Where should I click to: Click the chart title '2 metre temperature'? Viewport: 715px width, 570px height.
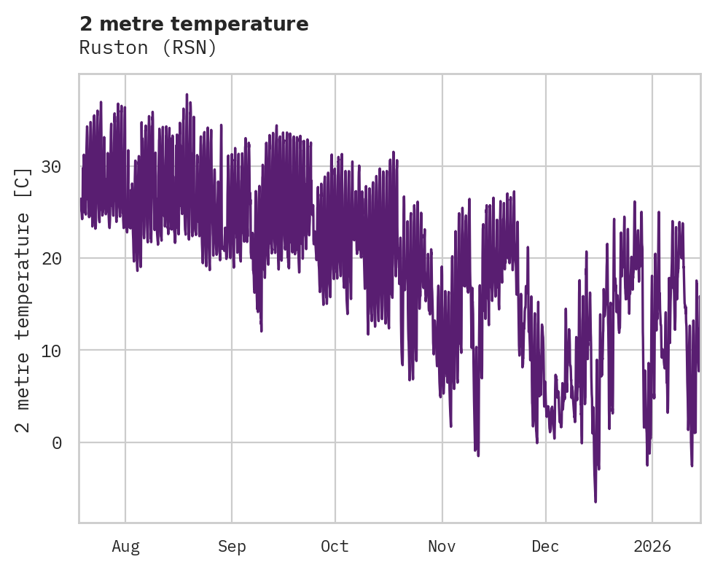point(194,24)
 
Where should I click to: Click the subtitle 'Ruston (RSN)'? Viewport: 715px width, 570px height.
point(148,48)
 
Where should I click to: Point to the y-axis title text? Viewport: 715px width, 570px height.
point(23,300)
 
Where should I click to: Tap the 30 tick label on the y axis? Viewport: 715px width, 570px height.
point(50,167)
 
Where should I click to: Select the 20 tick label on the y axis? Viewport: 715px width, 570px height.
point(50,259)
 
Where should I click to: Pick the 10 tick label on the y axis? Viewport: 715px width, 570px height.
point(50,351)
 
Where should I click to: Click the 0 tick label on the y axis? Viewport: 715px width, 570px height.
point(57,442)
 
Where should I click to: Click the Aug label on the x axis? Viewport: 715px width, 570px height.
point(125,547)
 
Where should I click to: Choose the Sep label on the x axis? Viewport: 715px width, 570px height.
point(232,547)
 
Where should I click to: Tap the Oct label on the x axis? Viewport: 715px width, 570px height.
point(335,547)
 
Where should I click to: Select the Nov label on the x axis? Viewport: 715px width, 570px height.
point(442,547)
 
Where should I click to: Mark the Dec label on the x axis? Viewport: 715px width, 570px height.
point(545,547)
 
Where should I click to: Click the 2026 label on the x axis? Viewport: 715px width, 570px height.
point(652,547)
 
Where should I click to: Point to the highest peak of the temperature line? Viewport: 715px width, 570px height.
point(187,94)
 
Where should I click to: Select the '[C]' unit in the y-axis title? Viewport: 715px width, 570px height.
point(23,182)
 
